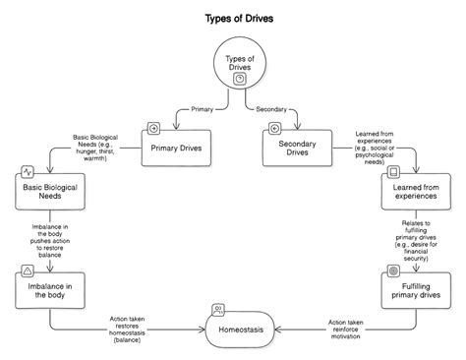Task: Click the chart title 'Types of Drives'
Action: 233,18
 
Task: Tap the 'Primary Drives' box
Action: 178,149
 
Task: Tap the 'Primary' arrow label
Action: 202,109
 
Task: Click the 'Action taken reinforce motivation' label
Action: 344,330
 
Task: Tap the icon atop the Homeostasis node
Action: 217,310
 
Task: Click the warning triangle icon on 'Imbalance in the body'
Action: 28,270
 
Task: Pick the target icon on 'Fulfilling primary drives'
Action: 393,270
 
